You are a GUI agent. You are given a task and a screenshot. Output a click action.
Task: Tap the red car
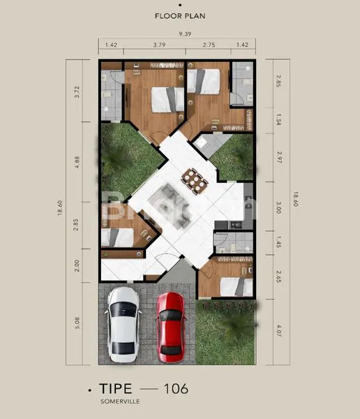tap(170, 327)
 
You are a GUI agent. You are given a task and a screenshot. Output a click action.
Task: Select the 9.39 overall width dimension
tap(184, 34)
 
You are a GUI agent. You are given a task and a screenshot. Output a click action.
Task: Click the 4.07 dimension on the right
tap(278, 332)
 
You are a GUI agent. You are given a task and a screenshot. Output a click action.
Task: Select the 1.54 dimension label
tap(278, 120)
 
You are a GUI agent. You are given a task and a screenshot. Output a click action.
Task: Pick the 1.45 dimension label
tap(278, 244)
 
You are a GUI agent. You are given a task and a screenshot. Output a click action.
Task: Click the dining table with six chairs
tap(195, 180)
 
